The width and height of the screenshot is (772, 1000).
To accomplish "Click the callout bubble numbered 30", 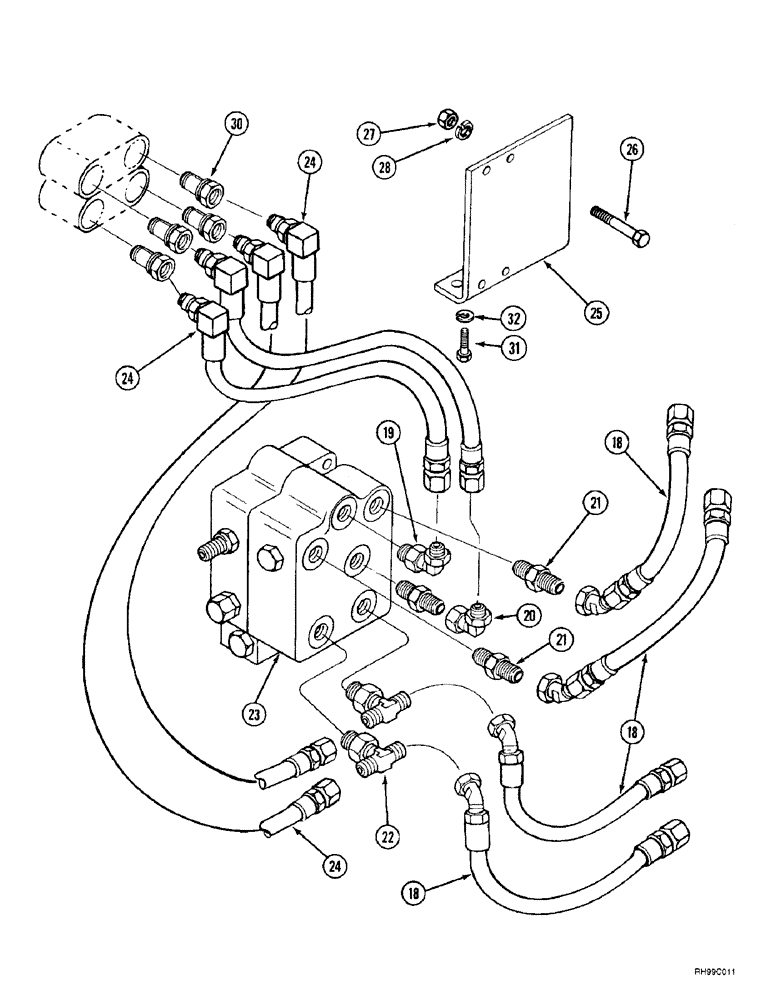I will coord(236,125).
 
